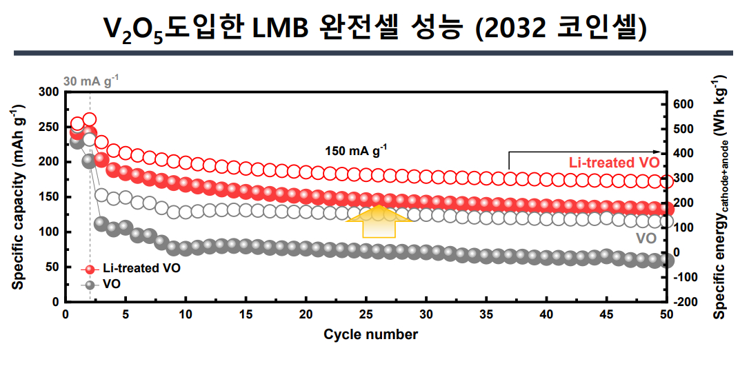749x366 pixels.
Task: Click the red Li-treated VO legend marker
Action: point(88,268)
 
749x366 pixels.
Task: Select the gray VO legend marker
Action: point(88,284)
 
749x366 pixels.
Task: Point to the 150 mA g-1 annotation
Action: point(356,150)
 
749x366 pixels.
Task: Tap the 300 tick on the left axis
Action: point(50,92)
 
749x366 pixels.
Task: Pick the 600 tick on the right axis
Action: point(683,104)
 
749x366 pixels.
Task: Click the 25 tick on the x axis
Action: point(366,314)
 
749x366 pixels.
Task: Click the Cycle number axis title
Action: point(370,335)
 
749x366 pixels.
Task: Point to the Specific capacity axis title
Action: point(17,196)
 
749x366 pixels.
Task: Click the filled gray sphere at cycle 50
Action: point(667,260)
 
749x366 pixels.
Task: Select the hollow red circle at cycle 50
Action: point(667,181)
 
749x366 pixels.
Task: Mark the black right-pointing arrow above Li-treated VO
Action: point(586,152)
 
